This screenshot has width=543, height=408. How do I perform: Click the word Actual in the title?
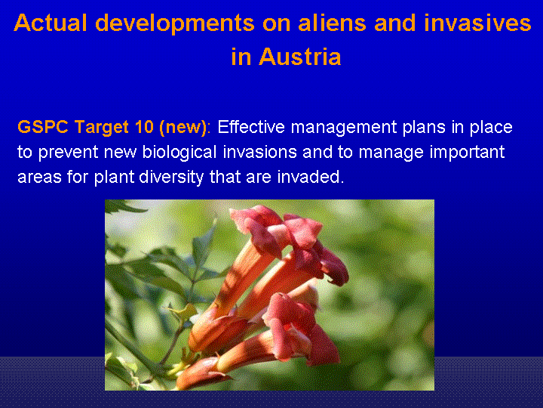(x=51, y=23)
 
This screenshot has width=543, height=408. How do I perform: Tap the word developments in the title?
(x=175, y=24)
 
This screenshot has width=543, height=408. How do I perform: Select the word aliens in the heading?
(x=332, y=23)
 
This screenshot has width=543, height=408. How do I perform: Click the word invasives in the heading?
(x=477, y=23)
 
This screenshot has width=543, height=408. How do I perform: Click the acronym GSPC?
(x=43, y=127)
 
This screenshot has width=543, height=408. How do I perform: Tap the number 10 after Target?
(x=144, y=127)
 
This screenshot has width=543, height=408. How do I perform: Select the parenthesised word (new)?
(x=183, y=128)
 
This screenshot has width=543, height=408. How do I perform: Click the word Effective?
(x=251, y=127)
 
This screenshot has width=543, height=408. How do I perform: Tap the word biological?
(x=179, y=153)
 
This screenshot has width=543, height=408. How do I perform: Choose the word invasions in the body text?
(x=259, y=152)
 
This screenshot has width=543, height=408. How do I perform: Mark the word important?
(x=467, y=153)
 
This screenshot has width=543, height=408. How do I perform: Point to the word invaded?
(x=310, y=177)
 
